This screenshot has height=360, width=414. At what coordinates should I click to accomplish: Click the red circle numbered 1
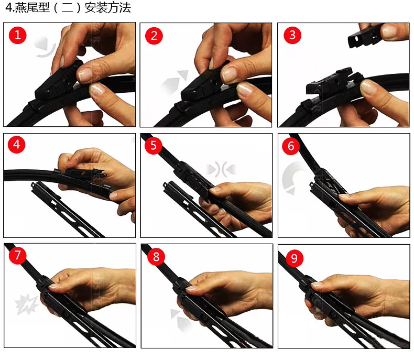(18, 35)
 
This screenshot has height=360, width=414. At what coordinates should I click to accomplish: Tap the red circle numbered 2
(154, 36)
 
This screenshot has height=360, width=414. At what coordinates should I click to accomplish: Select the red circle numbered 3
(292, 35)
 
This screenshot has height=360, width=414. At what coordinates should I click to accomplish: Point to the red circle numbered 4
(16, 145)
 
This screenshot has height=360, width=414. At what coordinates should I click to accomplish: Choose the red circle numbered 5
(154, 146)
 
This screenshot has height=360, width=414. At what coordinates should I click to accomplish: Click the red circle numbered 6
(291, 146)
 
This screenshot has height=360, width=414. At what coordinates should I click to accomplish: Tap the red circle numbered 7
(17, 255)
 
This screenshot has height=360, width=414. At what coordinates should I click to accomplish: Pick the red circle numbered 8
(156, 257)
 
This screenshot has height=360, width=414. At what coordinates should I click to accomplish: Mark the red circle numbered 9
(294, 258)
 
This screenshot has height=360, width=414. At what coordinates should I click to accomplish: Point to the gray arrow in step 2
(175, 81)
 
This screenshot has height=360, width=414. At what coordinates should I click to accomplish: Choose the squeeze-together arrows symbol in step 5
(221, 169)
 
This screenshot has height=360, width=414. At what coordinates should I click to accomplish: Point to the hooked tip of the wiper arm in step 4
(33, 184)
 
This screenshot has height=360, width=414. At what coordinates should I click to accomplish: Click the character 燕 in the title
(20, 7)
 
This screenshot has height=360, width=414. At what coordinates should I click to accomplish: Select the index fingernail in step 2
(230, 74)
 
